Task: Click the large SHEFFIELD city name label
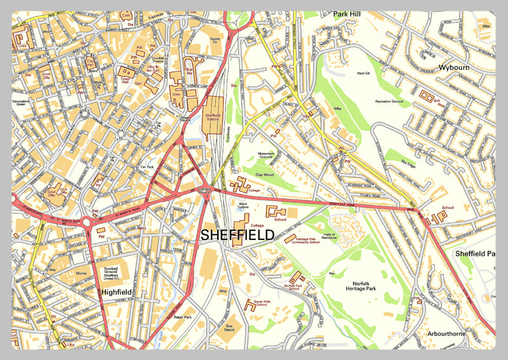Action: [x=237, y=235]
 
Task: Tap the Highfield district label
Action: [x=117, y=293]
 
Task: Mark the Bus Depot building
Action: [x=233, y=325]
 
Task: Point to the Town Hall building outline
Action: [x=124, y=72]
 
